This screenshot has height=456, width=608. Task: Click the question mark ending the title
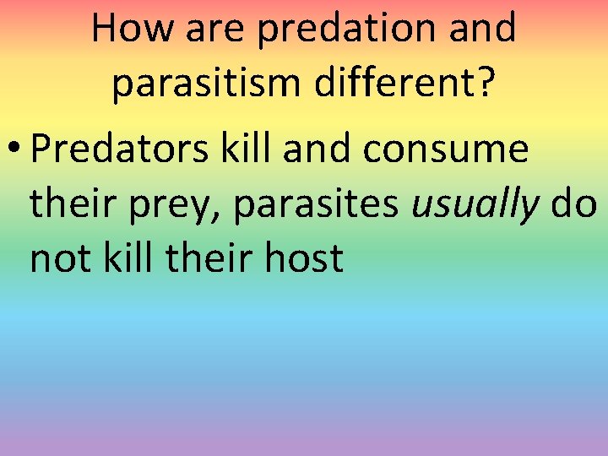click(486, 83)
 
